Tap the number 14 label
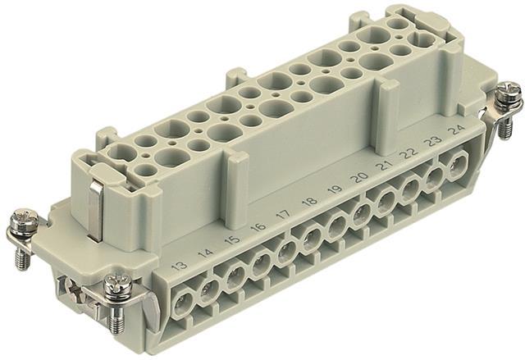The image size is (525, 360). point(205,253)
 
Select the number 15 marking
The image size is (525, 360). point(232,240)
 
